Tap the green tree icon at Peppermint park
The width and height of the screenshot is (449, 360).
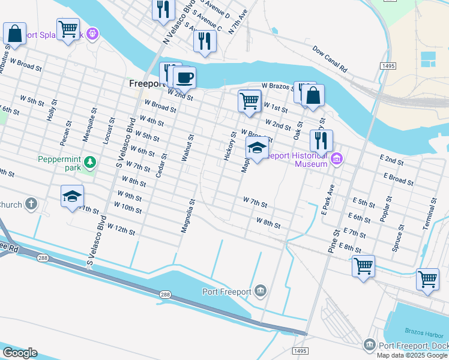pyautogui.click(x=89, y=162)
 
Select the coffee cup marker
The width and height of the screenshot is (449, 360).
pyautogui.click(x=184, y=77)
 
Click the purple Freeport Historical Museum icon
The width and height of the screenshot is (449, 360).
pyautogui.click(x=337, y=158)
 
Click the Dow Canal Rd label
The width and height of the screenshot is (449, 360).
pyautogui.click(x=330, y=60)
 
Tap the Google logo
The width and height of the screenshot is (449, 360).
pyautogui.click(x=19, y=353)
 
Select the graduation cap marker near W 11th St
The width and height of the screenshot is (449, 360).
pyautogui.click(x=72, y=196)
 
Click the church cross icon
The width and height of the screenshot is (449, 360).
pyautogui.click(x=31, y=205)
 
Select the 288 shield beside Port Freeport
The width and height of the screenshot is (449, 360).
pyautogui.click(x=166, y=295)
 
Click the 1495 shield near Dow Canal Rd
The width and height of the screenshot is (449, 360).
pyautogui.click(x=387, y=65)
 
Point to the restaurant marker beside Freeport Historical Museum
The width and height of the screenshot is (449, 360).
pyautogui.click(x=321, y=140)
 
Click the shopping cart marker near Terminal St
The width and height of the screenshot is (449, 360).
pyautogui.click(x=427, y=279)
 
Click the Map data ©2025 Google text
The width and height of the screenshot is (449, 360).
pyautogui.click(x=412, y=355)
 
